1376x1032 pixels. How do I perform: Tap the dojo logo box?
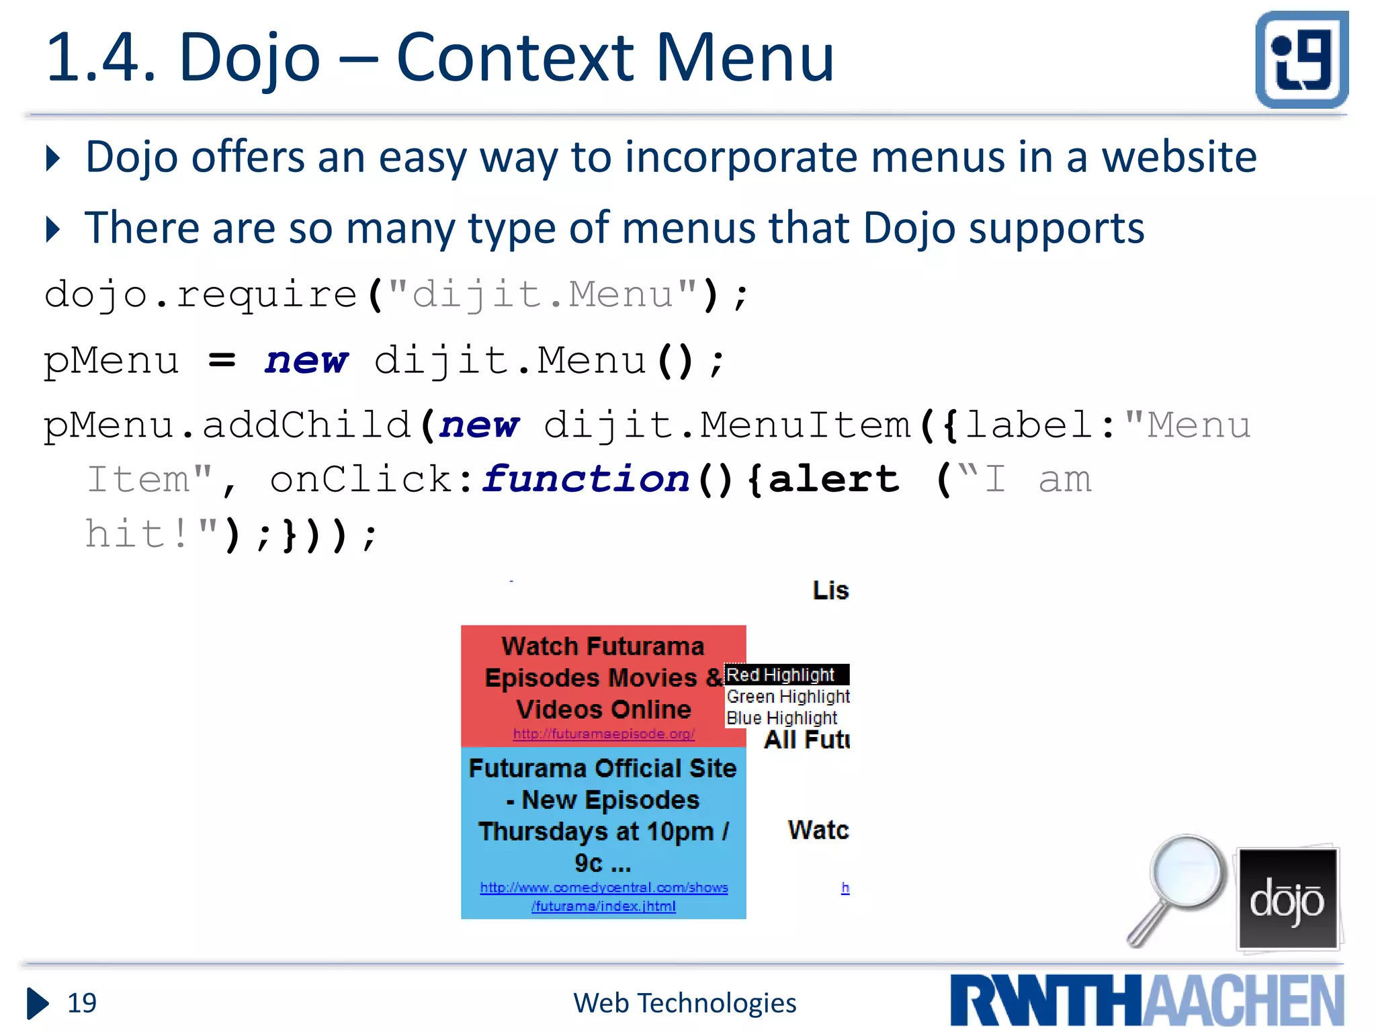pyautogui.click(x=1287, y=898)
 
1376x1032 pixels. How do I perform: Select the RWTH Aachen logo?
pyautogui.click(x=1147, y=1000)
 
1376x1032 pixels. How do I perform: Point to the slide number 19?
pyautogui.click(x=82, y=1003)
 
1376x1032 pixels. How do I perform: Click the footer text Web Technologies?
pyautogui.click(x=685, y=1003)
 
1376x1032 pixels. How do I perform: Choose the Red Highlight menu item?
pyautogui.click(x=781, y=675)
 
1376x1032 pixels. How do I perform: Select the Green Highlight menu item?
pyautogui.click(x=787, y=697)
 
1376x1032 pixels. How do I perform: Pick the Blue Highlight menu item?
pyautogui.click(x=781, y=718)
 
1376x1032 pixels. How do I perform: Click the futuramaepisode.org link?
pyautogui.click(x=603, y=734)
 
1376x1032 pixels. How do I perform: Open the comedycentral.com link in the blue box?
pyautogui.click(x=603, y=896)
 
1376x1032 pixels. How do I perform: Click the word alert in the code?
pyautogui.click(x=832, y=479)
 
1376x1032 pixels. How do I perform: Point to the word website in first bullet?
pyautogui.click(x=1178, y=157)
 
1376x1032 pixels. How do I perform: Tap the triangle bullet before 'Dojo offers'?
pyautogui.click(x=53, y=159)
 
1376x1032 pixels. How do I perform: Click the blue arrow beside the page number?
pyautogui.click(x=38, y=1003)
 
